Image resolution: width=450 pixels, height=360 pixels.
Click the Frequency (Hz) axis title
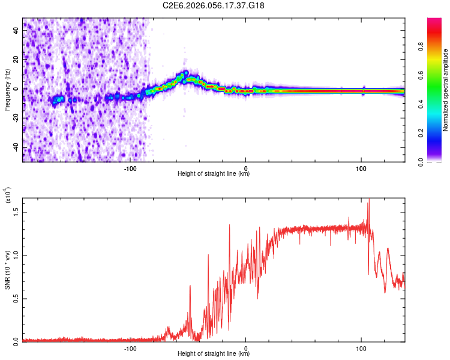coord(7,89)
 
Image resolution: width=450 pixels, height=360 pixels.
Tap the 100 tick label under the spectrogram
coord(361,168)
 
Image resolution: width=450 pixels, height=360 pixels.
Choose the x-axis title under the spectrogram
coord(214,175)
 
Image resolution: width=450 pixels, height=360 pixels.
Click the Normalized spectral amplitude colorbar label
coord(446,90)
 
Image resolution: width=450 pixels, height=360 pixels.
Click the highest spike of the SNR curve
coord(368,200)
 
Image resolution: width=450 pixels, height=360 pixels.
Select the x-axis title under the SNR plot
coord(214,355)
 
